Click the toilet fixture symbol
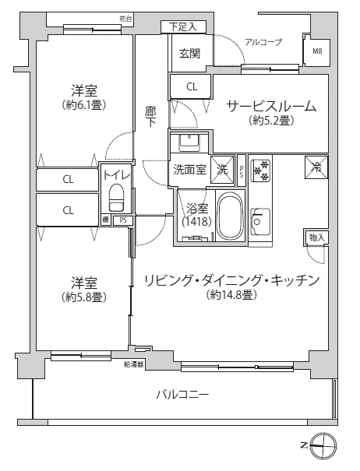[116, 197]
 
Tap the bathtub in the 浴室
[230, 216]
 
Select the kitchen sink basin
[260, 222]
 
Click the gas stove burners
[261, 170]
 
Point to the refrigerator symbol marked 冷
[316, 167]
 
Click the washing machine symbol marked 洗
[222, 170]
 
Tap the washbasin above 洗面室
[189, 143]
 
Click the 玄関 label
[190, 54]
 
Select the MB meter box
[317, 51]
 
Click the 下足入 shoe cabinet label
[183, 27]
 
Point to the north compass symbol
[323, 445]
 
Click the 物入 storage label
[317, 238]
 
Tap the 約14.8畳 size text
[231, 295]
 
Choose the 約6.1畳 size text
[84, 105]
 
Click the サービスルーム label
[271, 107]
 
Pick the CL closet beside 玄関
[192, 87]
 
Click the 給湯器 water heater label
[133, 365]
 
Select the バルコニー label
[182, 394]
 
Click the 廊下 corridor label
[150, 117]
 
